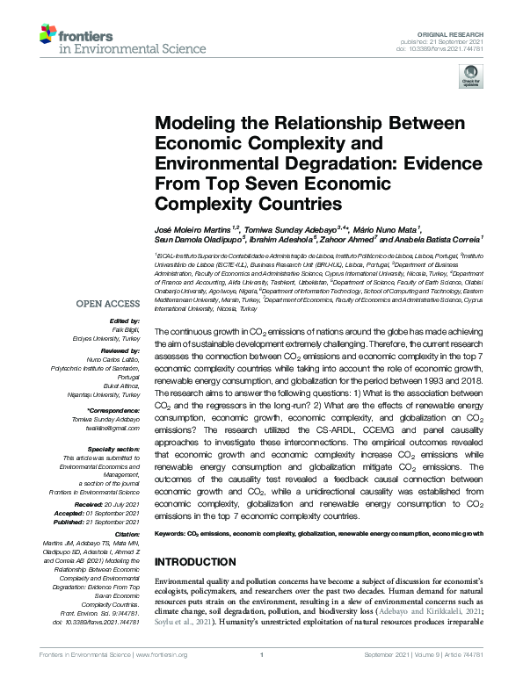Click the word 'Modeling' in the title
pyautogui.click(x=197, y=123)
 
